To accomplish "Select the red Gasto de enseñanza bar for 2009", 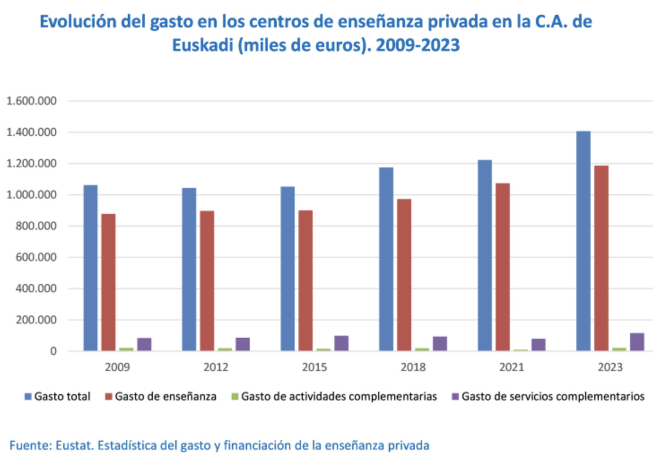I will tap(109, 282).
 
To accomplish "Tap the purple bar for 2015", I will tap(341, 343).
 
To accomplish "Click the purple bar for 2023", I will tap(637, 342).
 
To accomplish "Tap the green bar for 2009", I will tap(126, 349).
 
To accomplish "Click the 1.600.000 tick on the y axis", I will tap(31, 101).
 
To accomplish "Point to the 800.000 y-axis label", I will tap(36, 226).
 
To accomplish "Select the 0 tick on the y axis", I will tap(53, 351).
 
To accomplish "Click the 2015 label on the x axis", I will tap(314, 367).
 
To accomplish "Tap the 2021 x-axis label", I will tap(512, 367).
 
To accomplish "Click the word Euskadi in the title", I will tap(202, 45).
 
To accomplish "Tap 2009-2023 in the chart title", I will tap(418, 45).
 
